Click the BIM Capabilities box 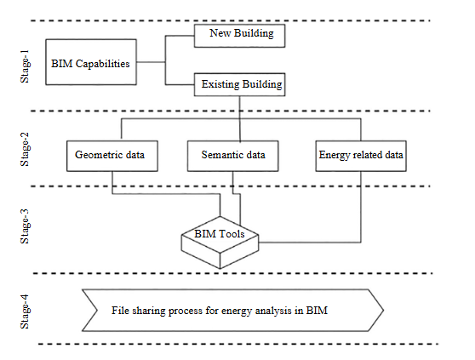[90, 63]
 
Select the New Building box [238, 36]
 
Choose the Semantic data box [232, 155]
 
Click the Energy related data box [361, 155]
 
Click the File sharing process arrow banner [232, 311]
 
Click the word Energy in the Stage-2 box [334, 155]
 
